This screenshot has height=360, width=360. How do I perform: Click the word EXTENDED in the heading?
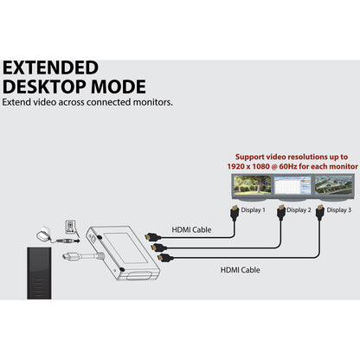(x=50, y=67)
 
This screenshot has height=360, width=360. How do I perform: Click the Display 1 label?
(x=253, y=210)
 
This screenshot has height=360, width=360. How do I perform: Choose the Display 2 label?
(x=299, y=210)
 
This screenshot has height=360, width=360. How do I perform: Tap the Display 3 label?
(x=339, y=210)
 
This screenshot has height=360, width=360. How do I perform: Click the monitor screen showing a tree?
(x=253, y=184)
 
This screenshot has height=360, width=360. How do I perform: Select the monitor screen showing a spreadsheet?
(x=292, y=184)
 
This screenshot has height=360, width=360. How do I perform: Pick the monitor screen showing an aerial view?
(x=333, y=184)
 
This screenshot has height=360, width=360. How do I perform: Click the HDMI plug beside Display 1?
(x=235, y=213)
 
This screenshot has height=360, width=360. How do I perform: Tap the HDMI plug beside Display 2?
(x=281, y=212)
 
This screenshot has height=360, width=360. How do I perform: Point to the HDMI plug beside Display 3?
(x=319, y=212)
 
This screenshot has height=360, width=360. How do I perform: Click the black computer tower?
(x=39, y=273)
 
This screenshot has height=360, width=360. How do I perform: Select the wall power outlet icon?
(x=70, y=227)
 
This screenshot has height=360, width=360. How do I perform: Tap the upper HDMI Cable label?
(x=191, y=230)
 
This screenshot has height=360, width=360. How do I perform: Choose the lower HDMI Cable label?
(x=240, y=270)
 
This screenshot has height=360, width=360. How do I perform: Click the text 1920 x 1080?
(x=248, y=166)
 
